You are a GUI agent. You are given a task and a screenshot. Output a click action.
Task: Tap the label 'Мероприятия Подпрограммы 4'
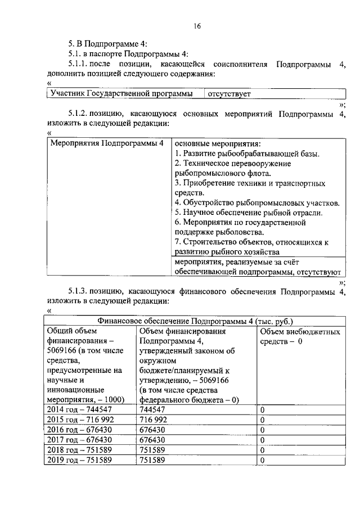pos(107,143)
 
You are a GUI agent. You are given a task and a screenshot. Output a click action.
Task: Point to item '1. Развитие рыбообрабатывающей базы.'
pos(247,154)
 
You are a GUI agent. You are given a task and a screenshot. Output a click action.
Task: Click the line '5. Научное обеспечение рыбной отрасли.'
pos(248,212)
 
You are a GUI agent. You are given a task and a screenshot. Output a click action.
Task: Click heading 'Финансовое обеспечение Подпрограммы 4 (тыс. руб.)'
pos(195,321)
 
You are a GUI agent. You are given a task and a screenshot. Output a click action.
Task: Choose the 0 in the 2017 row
pos(262,440)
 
